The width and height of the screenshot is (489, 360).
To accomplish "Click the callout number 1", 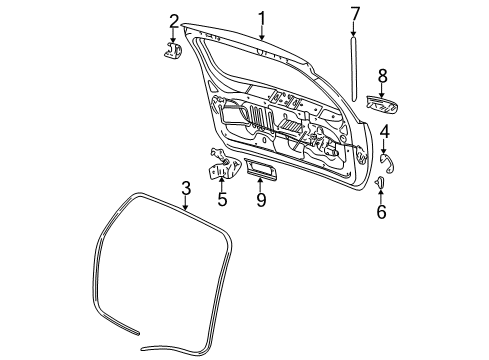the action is (261, 17).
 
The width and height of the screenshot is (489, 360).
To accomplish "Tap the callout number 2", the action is (174, 21).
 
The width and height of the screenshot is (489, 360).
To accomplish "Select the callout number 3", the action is (185, 188).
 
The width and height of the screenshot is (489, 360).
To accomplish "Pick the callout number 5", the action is (222, 200).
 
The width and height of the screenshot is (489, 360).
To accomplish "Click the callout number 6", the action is (381, 211).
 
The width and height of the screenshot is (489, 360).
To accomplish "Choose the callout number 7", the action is (354, 13).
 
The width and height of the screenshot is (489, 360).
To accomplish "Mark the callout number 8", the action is (381, 75).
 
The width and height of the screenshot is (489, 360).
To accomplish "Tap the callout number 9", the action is (260, 200).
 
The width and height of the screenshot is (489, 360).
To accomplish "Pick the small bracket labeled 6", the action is (381, 184).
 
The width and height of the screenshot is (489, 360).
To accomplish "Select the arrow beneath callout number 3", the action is (185, 205).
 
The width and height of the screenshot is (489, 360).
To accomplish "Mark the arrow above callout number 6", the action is (381, 195).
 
